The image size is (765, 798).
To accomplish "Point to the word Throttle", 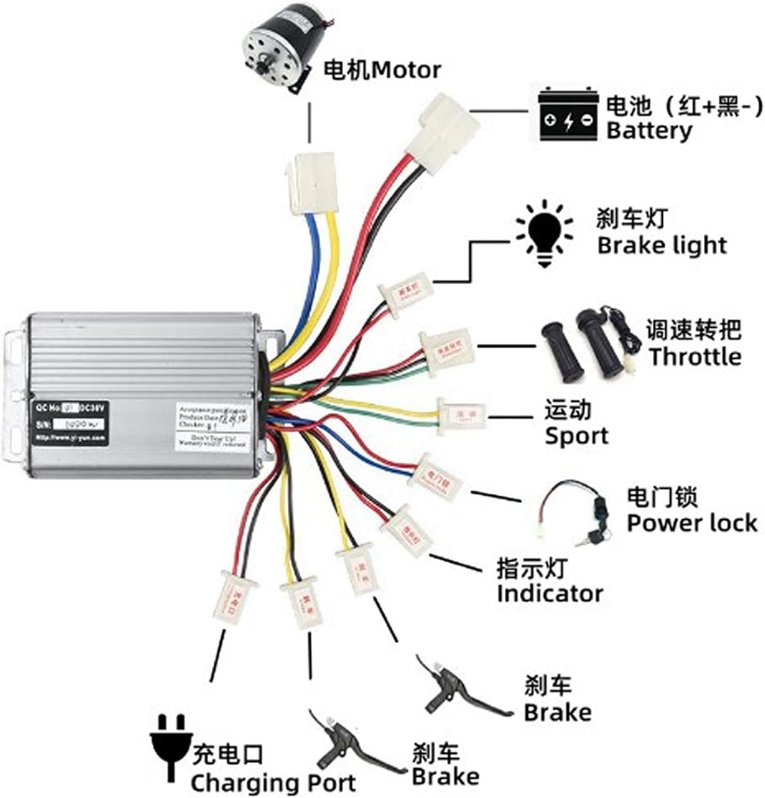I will pos(695,356).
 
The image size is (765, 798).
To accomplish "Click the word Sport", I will pos(576,436).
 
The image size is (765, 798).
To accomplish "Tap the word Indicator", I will pos(550,593).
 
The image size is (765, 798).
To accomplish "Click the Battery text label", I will pos(649,130).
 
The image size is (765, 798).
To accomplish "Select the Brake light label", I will pos(661,245).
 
